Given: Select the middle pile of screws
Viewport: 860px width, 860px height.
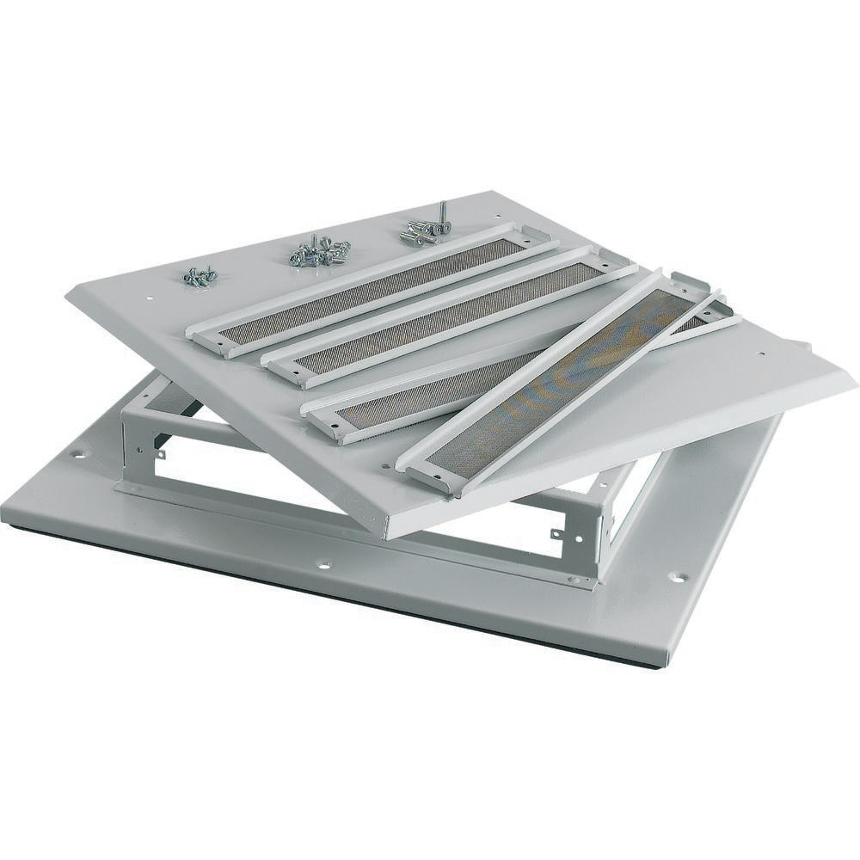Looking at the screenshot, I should pos(319,252).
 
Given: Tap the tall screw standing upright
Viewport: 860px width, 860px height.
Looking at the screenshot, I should pos(441,215).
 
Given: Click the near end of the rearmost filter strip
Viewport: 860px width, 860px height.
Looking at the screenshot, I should pos(212,340).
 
